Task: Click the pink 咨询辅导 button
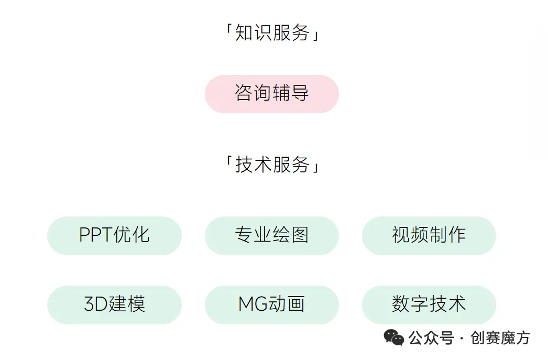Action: click(271, 94)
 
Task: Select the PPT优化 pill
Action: click(114, 235)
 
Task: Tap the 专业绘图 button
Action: click(271, 235)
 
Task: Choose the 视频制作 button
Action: click(429, 235)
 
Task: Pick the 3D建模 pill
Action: click(114, 304)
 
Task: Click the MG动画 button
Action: click(271, 304)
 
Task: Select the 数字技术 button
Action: click(429, 304)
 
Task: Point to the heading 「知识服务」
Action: click(271, 34)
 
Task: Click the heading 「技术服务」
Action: click(271, 165)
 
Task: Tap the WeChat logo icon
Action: click(394, 337)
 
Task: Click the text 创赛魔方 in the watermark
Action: click(500, 338)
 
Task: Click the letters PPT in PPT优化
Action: click(96, 235)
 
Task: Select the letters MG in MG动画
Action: click(253, 304)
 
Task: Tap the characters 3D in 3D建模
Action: click(95, 304)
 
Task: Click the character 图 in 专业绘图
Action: click(300, 235)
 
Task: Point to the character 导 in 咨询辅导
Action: click(300, 94)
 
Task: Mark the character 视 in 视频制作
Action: click(401, 235)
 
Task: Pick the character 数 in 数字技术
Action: click(401, 304)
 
